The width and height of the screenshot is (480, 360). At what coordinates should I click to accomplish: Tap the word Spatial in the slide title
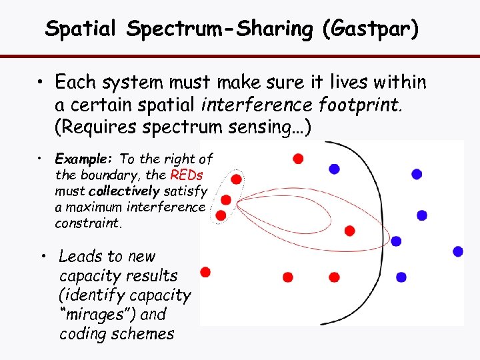81,29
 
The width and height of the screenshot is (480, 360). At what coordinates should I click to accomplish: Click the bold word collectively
123,191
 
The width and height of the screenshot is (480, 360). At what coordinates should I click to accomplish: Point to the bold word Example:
85,159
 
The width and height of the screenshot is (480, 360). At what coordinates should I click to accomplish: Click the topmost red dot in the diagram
298,158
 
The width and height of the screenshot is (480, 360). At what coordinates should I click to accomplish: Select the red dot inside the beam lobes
349,231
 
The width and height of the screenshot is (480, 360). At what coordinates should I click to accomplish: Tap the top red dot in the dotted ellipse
236,179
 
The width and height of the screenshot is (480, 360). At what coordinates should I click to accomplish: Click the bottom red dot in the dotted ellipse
221,215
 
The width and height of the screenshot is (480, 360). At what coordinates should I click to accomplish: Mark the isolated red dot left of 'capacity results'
205,271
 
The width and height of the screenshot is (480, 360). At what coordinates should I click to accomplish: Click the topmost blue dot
417,174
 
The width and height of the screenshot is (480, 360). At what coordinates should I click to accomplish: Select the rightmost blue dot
458,251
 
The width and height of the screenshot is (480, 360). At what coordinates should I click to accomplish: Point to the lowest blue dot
401,277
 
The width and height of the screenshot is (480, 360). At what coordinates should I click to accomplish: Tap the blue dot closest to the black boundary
396,241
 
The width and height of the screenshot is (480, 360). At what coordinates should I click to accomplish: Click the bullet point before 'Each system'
41,83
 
